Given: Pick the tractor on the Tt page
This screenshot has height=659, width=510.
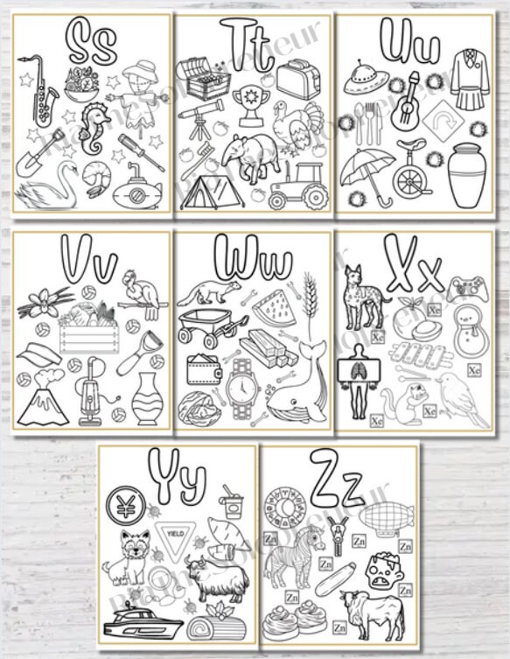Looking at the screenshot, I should coord(297,186).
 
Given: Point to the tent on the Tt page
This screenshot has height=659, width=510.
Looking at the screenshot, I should coord(213,192).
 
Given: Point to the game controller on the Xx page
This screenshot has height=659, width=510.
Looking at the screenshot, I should coord(465,288).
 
